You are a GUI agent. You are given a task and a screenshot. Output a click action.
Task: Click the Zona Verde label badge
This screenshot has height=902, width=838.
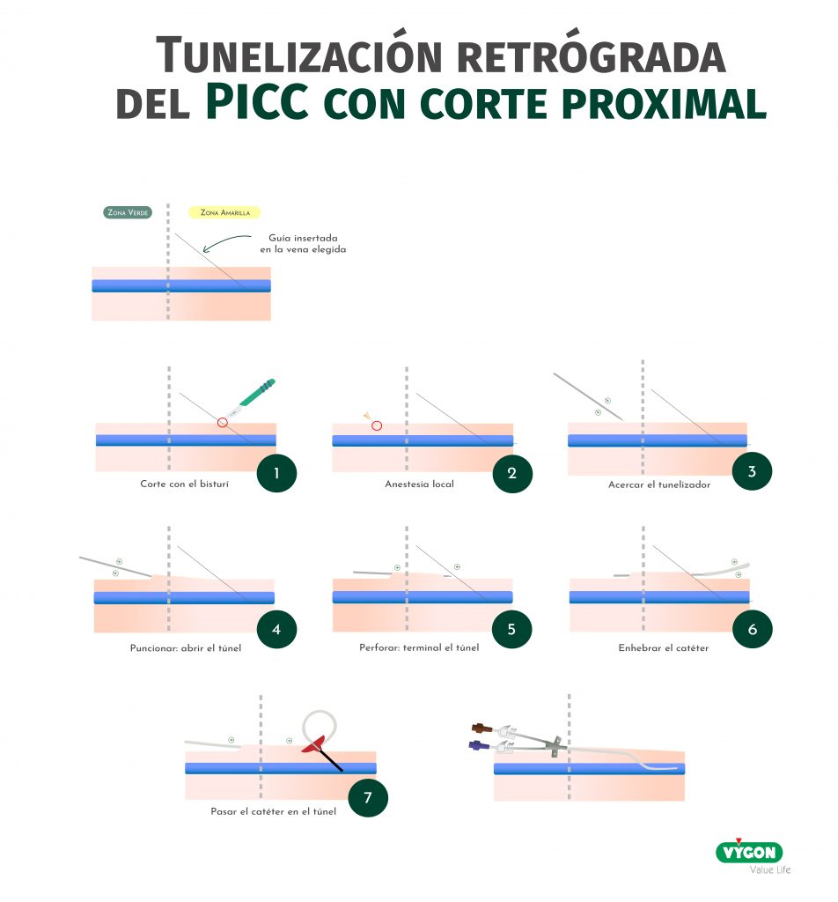point(128,212)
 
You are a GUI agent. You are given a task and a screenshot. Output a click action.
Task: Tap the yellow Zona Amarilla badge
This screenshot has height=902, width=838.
point(224,212)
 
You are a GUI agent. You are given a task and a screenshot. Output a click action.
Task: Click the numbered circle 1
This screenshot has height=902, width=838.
point(276,473)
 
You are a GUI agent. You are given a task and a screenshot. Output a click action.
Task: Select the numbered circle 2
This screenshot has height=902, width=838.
point(512,473)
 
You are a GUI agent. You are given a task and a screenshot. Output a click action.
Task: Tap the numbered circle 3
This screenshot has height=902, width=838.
point(752,472)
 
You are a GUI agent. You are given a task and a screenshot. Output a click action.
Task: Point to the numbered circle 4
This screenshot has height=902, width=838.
point(276,629)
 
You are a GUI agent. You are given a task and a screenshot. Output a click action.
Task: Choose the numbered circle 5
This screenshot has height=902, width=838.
point(511,629)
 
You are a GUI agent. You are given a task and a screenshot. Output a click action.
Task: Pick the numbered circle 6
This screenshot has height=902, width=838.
point(753,629)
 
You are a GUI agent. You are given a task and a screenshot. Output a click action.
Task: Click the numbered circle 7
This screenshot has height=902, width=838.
point(368,797)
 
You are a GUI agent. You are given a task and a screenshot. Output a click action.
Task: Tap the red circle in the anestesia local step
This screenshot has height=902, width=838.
point(377,425)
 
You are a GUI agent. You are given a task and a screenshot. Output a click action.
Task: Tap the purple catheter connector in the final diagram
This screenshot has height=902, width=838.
point(479,745)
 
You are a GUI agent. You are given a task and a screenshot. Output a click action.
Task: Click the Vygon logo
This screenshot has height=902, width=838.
point(749,852)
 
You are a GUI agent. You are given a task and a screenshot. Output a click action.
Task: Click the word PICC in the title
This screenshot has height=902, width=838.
point(258,101)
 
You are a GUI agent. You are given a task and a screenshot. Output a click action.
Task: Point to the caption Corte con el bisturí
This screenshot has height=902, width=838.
point(185,484)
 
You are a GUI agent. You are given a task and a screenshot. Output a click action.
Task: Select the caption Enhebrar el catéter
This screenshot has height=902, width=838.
point(664,647)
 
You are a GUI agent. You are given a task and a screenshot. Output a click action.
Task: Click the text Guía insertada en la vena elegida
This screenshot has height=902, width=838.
point(303,243)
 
